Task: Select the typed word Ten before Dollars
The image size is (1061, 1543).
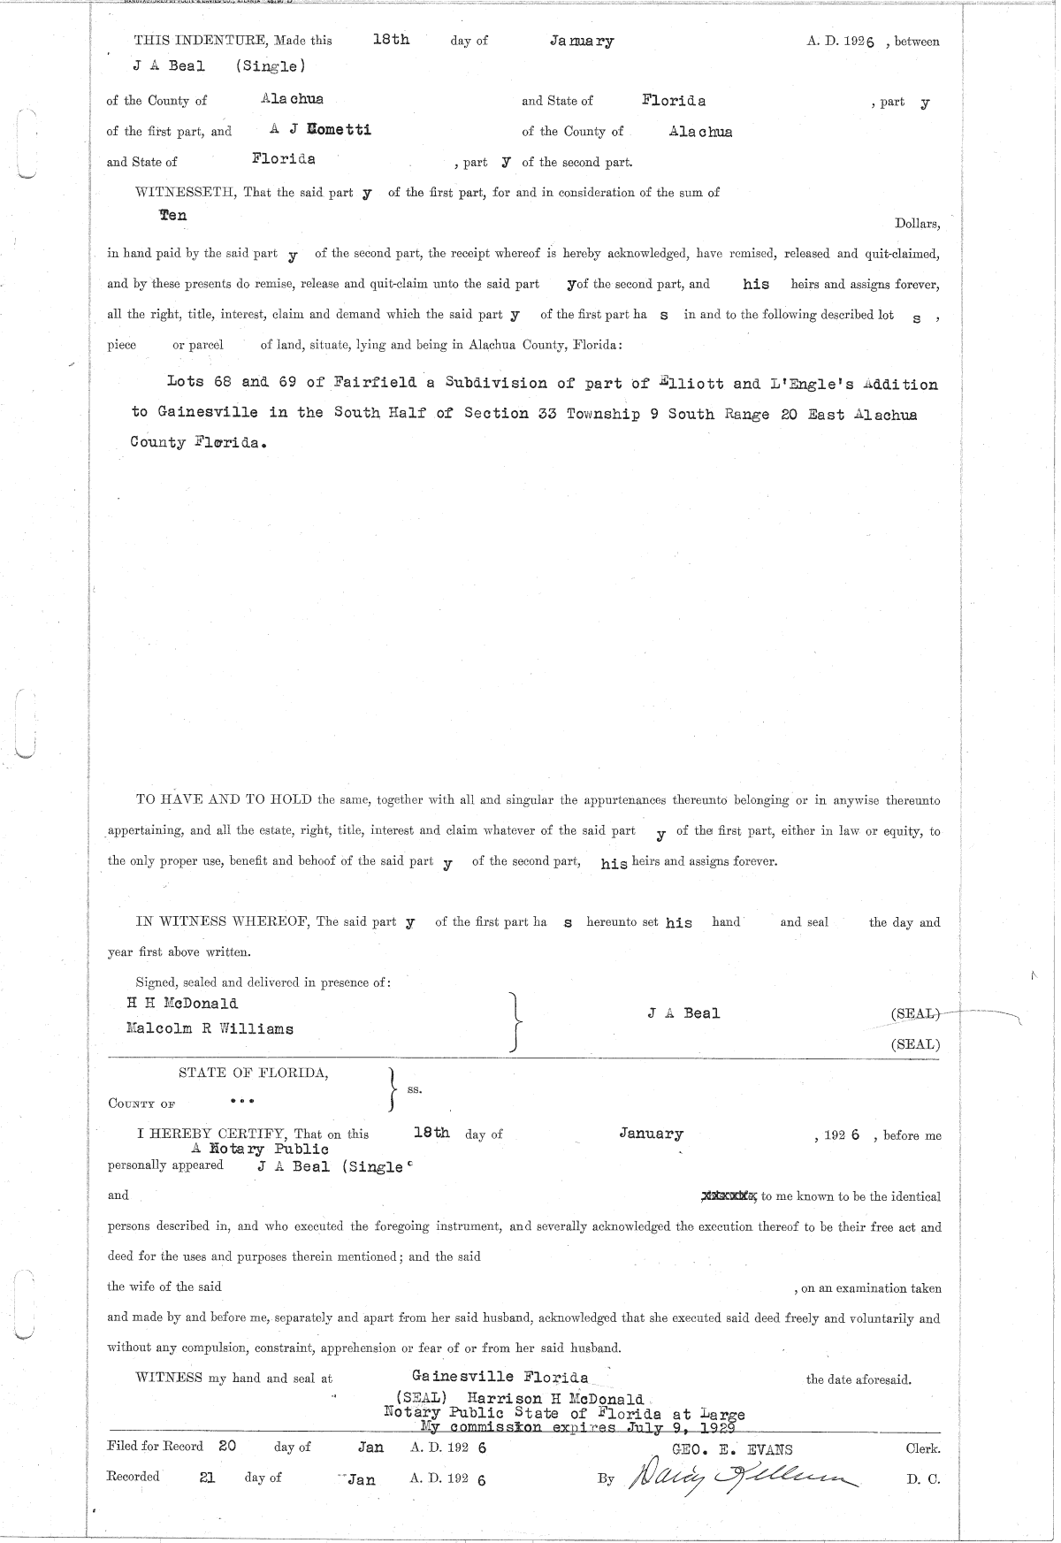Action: tap(172, 215)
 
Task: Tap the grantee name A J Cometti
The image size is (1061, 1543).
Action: tap(320, 130)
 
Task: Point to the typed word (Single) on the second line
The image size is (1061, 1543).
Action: tap(271, 66)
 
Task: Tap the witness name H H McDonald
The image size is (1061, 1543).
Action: tap(183, 1004)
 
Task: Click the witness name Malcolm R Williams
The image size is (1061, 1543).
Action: tap(210, 1029)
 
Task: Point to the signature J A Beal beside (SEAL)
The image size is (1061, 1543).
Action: tap(683, 1013)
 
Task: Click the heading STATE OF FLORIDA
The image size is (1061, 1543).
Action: tap(253, 1073)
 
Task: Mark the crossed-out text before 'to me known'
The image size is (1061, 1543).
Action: tap(729, 1196)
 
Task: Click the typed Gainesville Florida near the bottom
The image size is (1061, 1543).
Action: tap(500, 1377)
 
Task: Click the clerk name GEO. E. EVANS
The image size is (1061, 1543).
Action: tap(733, 1449)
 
